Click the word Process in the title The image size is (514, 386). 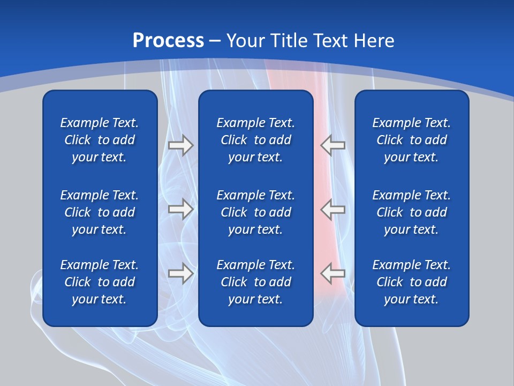coord(168,41)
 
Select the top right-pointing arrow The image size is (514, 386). coord(180,145)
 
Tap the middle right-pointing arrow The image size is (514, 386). coord(180,209)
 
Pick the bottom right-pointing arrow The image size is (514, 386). coord(180,273)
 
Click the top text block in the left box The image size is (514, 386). coord(100,140)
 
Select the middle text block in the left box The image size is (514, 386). coord(100,212)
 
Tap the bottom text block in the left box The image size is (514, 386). coord(100,282)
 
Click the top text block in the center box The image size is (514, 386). coord(255,140)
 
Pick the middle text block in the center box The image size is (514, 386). coord(255,212)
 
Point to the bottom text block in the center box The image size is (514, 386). coord(255,282)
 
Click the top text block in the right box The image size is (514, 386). coord(411,140)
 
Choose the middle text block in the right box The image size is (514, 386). coord(411,212)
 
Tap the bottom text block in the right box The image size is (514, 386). coord(411,282)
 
